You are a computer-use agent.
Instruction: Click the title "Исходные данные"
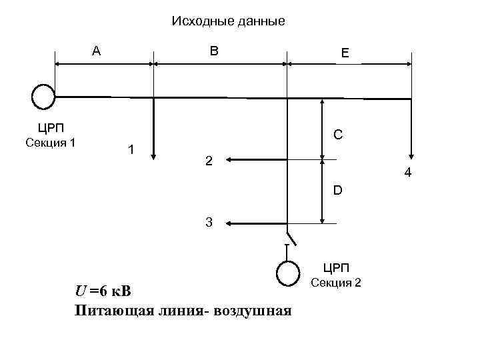228,21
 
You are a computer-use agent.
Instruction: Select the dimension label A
97,50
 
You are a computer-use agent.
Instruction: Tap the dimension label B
213,50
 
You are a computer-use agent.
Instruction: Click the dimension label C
338,135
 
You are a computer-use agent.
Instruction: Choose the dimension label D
338,191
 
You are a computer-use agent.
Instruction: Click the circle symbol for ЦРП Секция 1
43,97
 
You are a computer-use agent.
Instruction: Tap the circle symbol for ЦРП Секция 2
288,272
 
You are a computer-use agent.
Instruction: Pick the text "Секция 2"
337,283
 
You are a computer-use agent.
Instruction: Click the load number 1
132,149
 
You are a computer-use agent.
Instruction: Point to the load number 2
209,161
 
